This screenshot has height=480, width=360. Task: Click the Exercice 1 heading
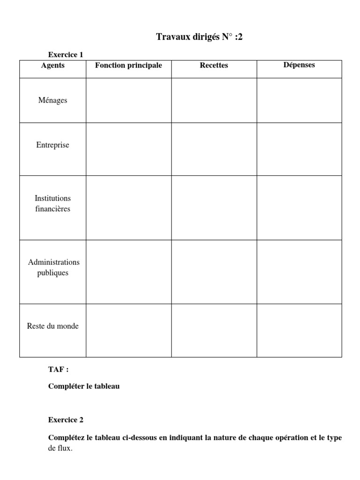coord(66,55)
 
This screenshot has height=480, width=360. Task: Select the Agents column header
coord(53,66)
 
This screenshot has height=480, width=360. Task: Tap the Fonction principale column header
coord(128,66)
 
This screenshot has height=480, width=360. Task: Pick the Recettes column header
coord(214,66)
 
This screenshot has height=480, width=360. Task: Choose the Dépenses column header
coord(299,65)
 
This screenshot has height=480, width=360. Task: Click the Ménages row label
coord(53,100)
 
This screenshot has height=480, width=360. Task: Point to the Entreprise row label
coord(53,145)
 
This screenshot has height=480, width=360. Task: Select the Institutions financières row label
coord(53,204)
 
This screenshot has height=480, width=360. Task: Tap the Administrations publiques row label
coord(53,268)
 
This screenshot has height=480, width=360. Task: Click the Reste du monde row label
coord(53,326)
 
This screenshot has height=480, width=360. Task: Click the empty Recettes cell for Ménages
coord(214,100)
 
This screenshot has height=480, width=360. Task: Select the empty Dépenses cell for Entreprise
coord(299,149)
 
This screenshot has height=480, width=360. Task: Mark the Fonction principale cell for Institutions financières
coord(128,208)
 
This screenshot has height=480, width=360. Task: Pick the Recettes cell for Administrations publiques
coord(214,272)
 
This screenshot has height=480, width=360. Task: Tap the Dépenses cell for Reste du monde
coord(299,330)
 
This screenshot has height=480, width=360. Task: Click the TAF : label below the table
coord(58,369)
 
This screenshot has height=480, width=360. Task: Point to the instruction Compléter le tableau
coord(84,387)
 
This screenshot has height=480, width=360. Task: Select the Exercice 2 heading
coord(66,420)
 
